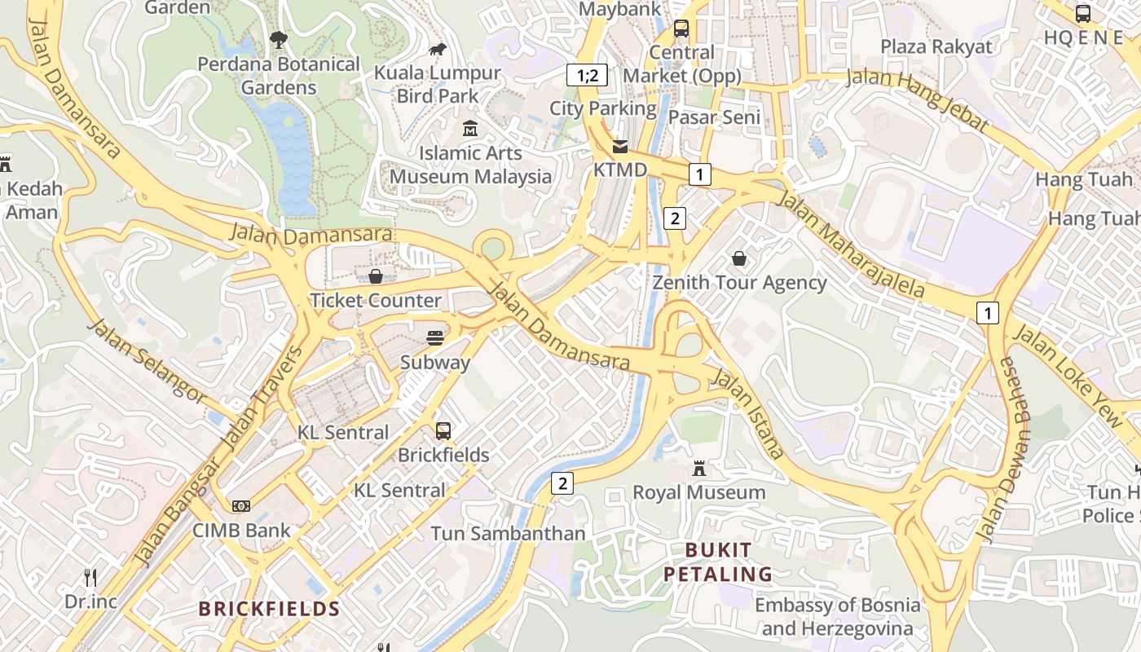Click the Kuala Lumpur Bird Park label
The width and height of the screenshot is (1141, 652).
[x=438, y=84]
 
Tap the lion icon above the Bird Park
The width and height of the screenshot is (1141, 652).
[x=438, y=50]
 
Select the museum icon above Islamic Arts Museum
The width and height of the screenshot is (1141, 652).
[x=470, y=129]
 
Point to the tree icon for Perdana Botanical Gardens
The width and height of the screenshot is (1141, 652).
[x=279, y=39]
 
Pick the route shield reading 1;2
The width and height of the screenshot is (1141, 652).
[x=588, y=76]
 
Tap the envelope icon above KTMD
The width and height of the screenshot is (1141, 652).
[x=620, y=147]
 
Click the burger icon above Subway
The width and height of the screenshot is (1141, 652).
[x=435, y=338]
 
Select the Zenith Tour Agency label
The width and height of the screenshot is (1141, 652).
[x=739, y=283]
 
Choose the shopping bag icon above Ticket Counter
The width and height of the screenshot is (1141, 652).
[x=376, y=276]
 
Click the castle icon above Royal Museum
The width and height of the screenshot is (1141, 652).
[x=699, y=469]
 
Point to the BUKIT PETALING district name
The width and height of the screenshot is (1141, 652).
[x=717, y=562]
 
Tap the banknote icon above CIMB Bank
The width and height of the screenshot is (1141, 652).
[x=240, y=506]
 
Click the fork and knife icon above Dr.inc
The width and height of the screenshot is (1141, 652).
[x=90, y=578]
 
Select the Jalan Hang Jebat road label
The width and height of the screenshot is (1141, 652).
[x=918, y=99]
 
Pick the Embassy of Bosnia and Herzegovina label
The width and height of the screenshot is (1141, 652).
[x=837, y=616]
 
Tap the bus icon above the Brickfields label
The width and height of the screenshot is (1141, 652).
[x=443, y=431]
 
